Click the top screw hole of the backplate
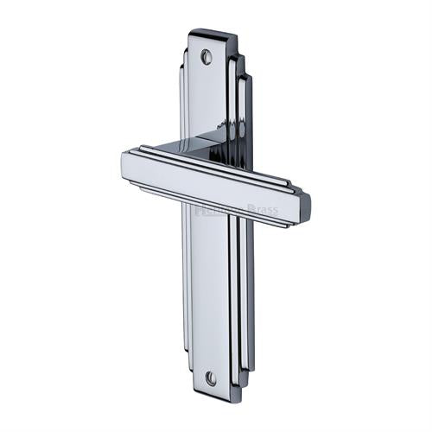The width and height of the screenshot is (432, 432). point(206,56)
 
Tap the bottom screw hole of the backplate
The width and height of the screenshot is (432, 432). point(210,378)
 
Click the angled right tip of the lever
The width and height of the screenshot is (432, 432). point(303,206)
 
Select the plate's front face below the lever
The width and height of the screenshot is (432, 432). point(210,294)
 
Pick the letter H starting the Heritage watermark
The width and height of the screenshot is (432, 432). point(198,209)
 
